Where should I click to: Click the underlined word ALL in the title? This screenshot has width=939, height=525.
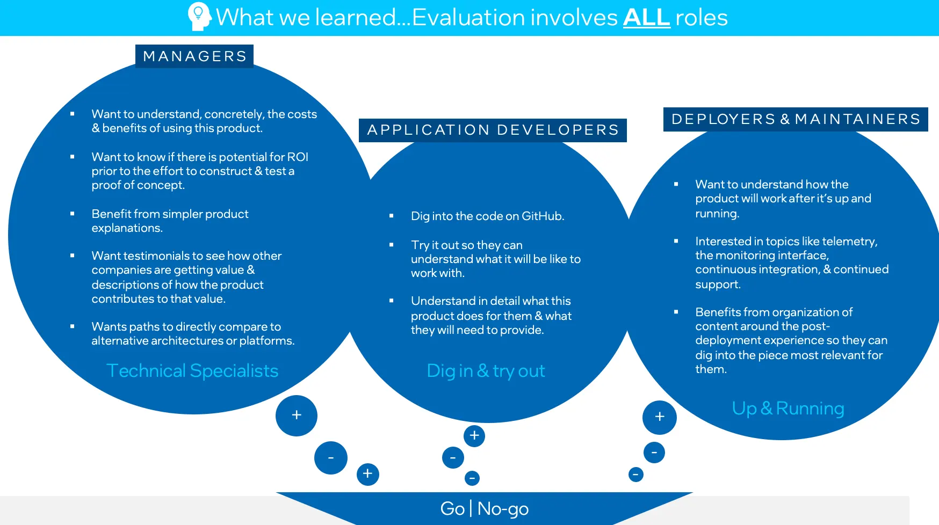click(x=646, y=18)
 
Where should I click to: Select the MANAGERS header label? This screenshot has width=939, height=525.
click(x=194, y=56)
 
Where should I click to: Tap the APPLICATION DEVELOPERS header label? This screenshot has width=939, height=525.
click(x=493, y=130)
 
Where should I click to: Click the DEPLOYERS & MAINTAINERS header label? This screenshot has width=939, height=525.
click(x=796, y=119)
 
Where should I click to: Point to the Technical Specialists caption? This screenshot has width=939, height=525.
click(x=192, y=371)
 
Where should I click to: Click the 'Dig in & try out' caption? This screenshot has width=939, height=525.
click(x=486, y=371)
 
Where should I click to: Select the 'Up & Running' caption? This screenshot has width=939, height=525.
click(x=788, y=409)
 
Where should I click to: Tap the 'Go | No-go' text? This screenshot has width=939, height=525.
click(x=484, y=508)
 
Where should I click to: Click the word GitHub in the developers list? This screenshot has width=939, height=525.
click(x=542, y=216)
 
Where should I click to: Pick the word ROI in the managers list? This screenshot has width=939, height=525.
click(x=298, y=157)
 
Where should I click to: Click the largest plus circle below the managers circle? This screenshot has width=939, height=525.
click(x=297, y=415)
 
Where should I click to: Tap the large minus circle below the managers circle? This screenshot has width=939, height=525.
click(x=331, y=458)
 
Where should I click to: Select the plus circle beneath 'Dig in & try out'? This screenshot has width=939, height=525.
click(x=474, y=436)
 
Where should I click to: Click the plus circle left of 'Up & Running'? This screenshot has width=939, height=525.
click(x=660, y=417)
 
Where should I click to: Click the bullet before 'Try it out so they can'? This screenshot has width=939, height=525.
click(x=392, y=245)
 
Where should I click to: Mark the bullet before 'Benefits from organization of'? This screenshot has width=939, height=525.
click(x=676, y=312)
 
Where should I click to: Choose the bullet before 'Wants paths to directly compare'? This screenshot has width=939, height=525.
click(x=73, y=326)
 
